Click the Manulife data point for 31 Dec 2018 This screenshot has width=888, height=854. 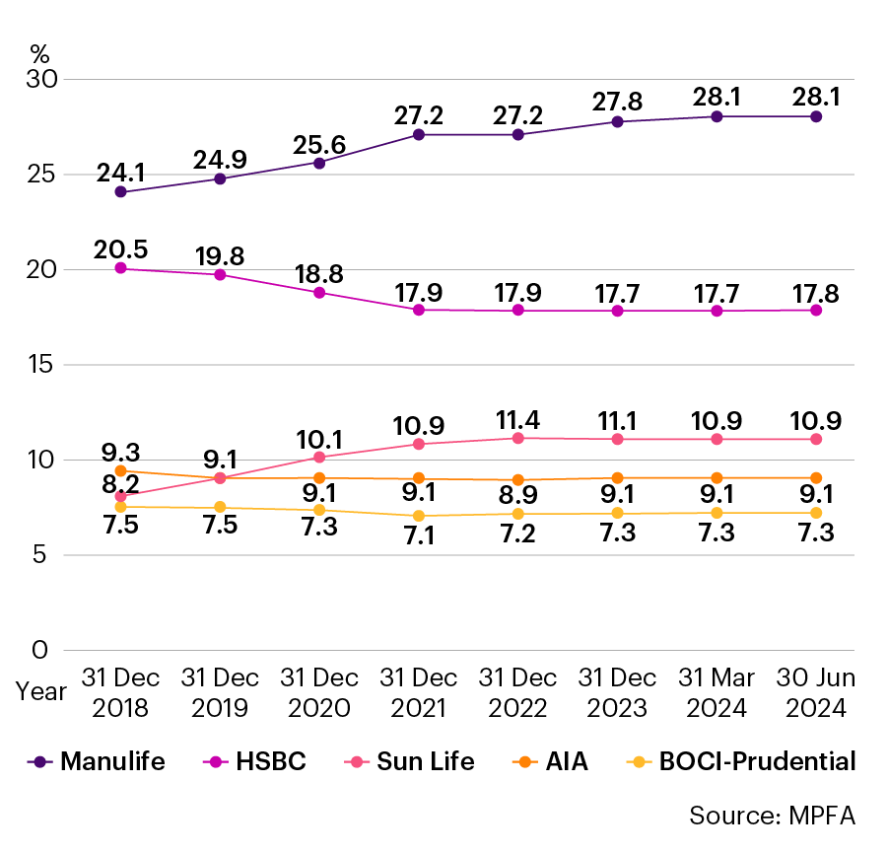coord(120,192)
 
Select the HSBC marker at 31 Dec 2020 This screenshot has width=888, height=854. coord(319,292)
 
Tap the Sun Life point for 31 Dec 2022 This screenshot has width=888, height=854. coord(517,438)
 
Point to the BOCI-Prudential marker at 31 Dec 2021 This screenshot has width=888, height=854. coord(419,516)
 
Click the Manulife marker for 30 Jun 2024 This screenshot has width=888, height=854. coord(816,116)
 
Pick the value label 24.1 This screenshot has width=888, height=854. coord(120,172)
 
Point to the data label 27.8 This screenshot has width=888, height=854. coord(617,100)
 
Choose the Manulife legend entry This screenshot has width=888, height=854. coord(97,761)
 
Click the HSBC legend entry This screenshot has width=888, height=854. coord(256,761)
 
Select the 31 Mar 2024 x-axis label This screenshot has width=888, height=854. coord(717,693)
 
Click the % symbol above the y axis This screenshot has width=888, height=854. coord(39,52)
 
